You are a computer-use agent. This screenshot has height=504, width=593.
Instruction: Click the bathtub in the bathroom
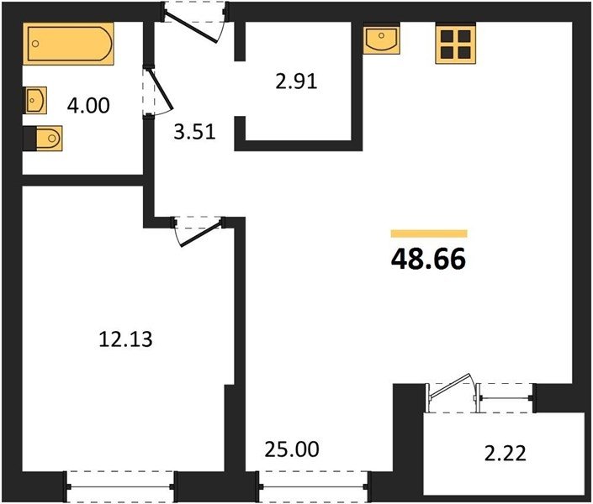68,44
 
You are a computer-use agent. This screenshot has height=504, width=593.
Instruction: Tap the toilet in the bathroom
43,139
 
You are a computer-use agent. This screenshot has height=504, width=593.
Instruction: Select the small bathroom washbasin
35,100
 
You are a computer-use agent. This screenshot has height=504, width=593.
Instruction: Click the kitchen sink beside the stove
381,39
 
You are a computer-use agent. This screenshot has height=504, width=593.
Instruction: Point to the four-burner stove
455,45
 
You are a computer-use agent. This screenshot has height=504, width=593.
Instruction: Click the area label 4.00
88,105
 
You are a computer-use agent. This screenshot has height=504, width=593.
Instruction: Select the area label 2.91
296,81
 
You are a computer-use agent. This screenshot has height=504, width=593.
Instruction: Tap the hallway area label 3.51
195,132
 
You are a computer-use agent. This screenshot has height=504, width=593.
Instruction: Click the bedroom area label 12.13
125,339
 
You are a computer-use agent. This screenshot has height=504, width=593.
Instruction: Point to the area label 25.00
292,449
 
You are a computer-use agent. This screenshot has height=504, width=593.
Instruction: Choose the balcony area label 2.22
506,454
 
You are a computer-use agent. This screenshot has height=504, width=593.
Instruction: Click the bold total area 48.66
428,260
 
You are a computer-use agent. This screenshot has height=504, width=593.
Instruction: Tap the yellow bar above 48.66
429,234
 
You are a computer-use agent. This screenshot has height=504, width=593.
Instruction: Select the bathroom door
159,90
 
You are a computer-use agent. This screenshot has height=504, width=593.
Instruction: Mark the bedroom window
120,486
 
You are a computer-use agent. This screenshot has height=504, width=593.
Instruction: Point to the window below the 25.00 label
313,486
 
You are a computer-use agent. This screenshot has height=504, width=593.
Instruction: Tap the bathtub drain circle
35,44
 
